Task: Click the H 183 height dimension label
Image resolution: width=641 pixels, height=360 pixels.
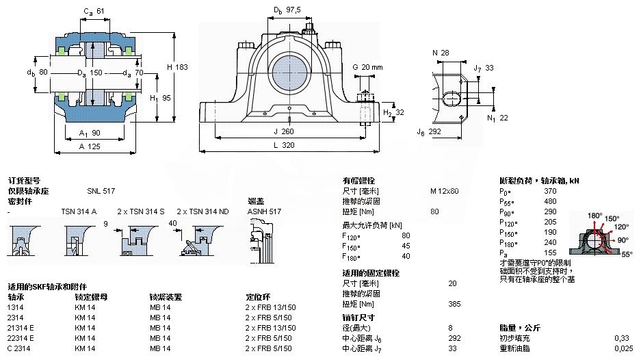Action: [178, 67]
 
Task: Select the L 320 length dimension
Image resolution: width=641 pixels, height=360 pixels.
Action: [287, 145]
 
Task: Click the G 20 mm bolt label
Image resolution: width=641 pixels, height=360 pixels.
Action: [367, 66]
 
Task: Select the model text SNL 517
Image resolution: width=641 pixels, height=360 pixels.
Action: [101, 191]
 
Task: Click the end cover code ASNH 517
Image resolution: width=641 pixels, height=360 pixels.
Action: [264, 211]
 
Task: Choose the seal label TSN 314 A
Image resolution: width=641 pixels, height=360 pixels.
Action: [79, 211]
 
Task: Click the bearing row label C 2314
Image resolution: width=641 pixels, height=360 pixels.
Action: [18, 349]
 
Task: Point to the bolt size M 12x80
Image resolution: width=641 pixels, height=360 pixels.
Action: [444, 191]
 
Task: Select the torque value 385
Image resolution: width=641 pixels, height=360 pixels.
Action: [452, 303]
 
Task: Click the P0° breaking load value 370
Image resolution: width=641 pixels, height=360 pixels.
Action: [550, 191]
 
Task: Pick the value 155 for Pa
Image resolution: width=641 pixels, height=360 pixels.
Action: [550, 253]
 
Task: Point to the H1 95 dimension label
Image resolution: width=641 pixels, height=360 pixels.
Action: [163, 98]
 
